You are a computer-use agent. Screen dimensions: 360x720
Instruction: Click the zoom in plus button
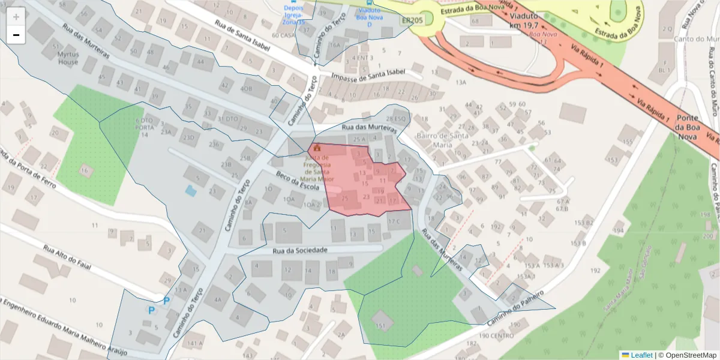(16, 17)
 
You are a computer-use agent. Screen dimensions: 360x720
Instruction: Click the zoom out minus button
(16, 35)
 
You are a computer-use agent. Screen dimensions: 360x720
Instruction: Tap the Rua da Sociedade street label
(299, 250)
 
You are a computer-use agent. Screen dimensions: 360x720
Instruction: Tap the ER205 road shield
(412, 20)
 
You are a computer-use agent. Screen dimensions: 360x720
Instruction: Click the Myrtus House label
(68, 58)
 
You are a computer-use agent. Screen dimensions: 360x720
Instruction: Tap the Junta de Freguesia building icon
(317, 147)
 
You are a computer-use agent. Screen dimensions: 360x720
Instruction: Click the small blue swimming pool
(190, 191)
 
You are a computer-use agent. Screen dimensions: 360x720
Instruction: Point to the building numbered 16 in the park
(85, 171)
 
